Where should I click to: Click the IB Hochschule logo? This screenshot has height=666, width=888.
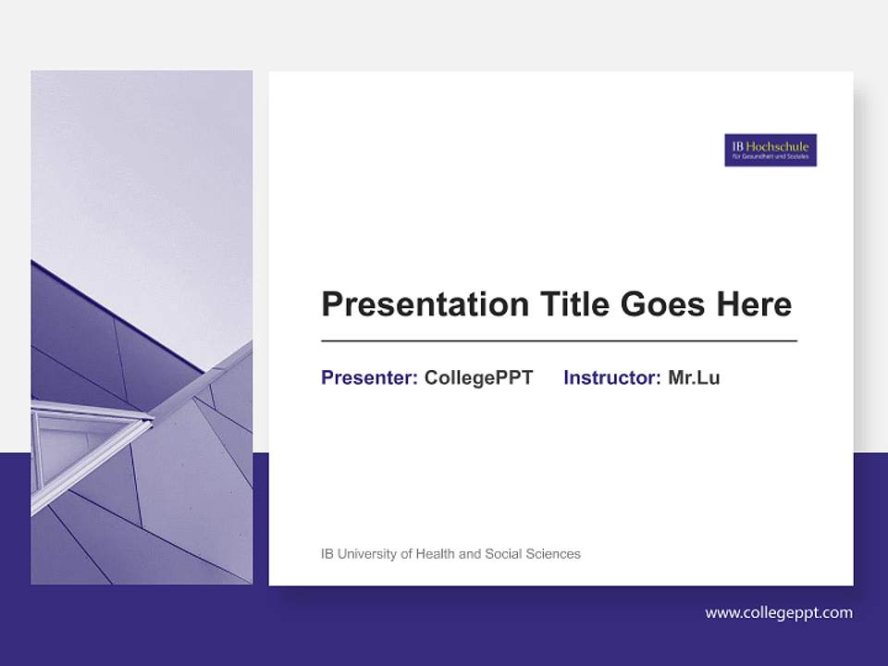771,150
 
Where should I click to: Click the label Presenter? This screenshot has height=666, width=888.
369,377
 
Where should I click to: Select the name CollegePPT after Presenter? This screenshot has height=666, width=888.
478,377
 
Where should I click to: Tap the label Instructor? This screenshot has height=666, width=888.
611,377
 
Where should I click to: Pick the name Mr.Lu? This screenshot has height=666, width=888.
694,377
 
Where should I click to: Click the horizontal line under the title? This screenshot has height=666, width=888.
559,341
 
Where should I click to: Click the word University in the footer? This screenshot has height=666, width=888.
367,554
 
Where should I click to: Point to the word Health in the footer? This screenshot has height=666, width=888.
436,554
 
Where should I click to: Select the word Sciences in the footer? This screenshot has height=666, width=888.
553,554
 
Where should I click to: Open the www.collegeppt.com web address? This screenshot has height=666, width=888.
779,612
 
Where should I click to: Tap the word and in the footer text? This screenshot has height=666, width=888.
470,554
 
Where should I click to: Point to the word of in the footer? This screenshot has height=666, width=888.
406,554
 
